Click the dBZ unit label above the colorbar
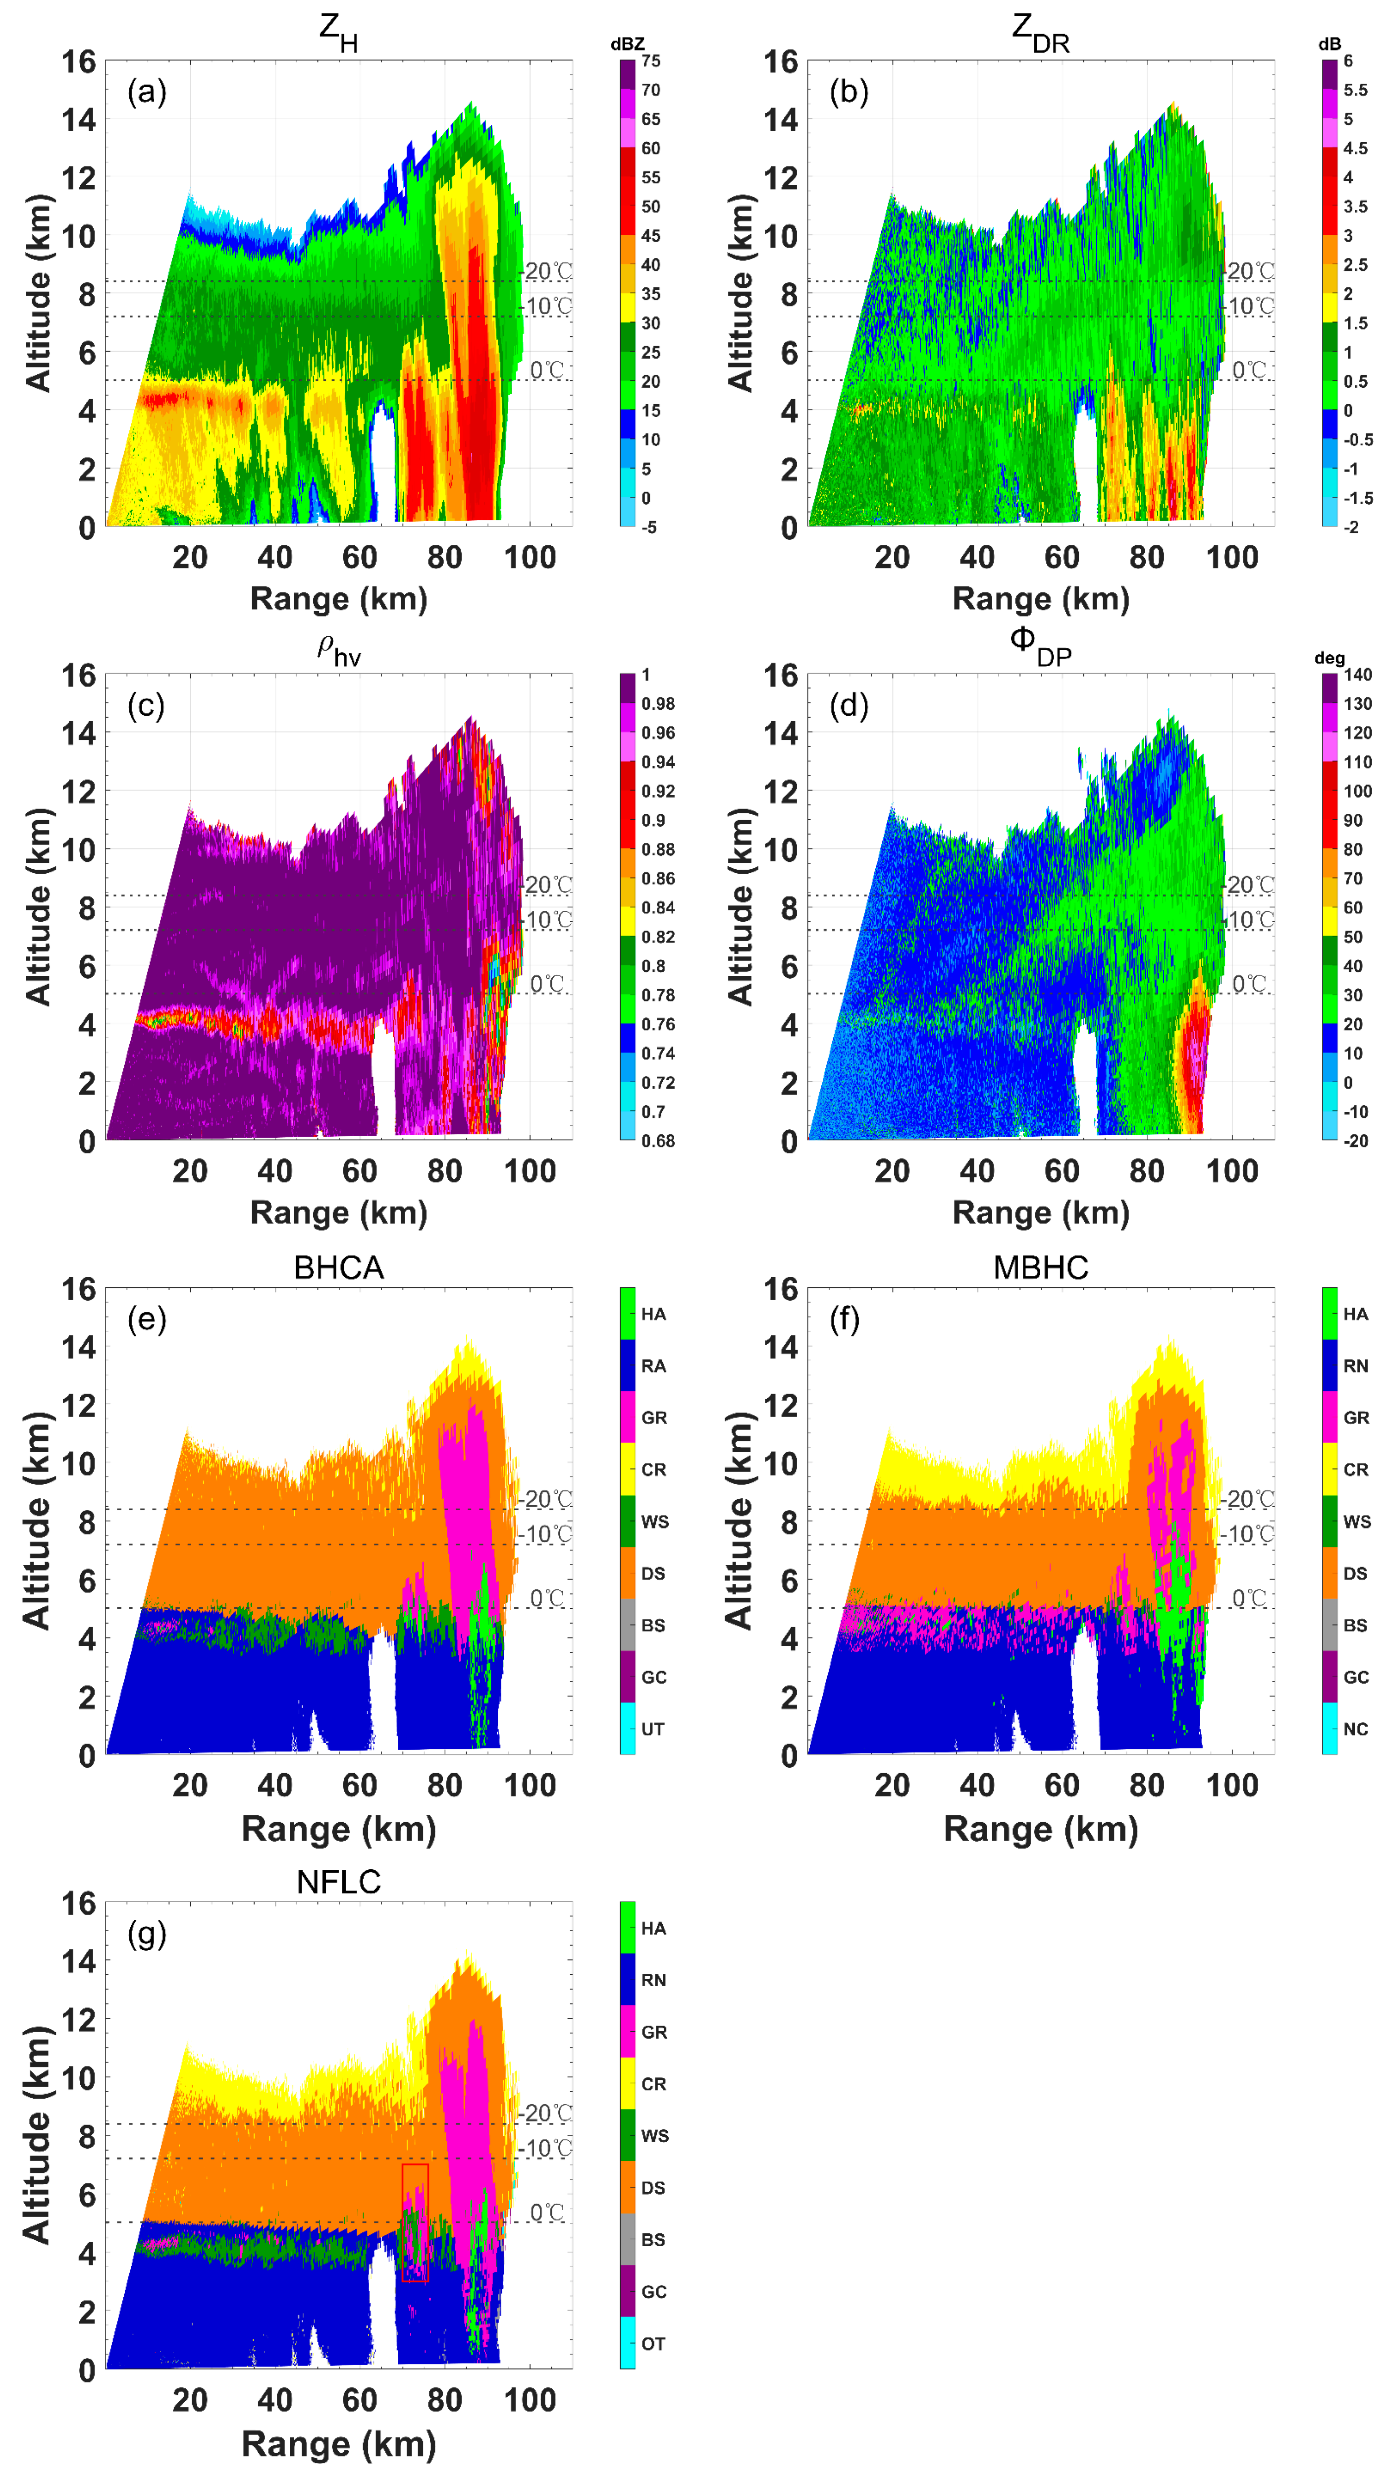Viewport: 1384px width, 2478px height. (x=627, y=44)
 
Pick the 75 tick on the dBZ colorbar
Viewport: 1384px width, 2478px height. (x=651, y=60)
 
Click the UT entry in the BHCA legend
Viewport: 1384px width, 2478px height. (x=653, y=1729)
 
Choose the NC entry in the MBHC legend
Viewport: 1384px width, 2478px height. (x=1355, y=1729)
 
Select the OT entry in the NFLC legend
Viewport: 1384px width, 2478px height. (x=653, y=2343)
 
